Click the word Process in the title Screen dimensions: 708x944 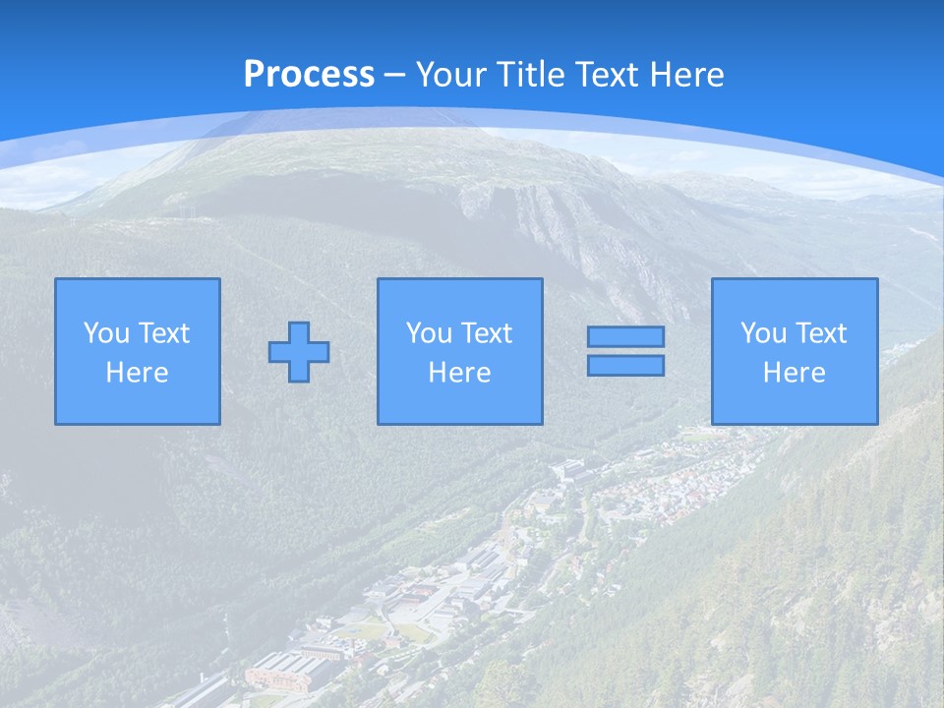[x=309, y=75]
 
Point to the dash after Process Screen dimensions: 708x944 [x=395, y=75]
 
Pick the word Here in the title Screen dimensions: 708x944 [x=689, y=75]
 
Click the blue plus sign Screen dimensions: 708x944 [x=299, y=352]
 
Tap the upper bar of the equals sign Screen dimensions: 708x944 [x=625, y=336]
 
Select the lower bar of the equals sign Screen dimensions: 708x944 [x=625, y=366]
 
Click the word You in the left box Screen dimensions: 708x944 [x=105, y=333]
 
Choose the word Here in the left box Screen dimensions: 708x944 [x=137, y=373]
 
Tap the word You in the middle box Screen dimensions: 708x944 [x=428, y=333]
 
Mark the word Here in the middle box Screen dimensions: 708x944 [x=459, y=373]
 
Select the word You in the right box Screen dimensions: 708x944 [x=762, y=333]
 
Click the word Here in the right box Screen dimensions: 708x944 [x=794, y=373]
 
